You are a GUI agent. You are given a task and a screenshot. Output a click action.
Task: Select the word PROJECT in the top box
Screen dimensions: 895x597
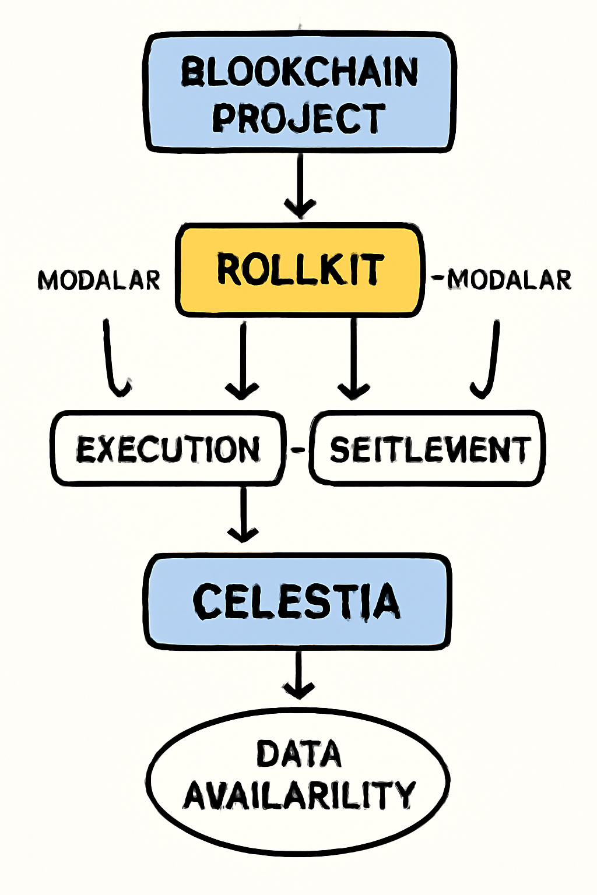298,118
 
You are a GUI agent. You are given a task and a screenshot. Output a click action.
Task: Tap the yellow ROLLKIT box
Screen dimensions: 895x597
300,270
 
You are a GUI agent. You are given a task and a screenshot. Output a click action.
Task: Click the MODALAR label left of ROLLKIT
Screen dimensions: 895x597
99,280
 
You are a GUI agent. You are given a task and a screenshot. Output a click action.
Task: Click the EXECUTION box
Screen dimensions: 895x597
168,449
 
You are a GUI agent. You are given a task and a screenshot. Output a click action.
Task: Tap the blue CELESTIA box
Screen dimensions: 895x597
297,602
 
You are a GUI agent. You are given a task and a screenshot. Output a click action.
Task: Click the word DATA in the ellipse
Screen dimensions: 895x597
298,754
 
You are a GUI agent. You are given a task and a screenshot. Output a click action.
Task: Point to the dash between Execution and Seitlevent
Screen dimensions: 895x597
297,449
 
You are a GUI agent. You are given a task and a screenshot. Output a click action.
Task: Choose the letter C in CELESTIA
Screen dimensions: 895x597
208,602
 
